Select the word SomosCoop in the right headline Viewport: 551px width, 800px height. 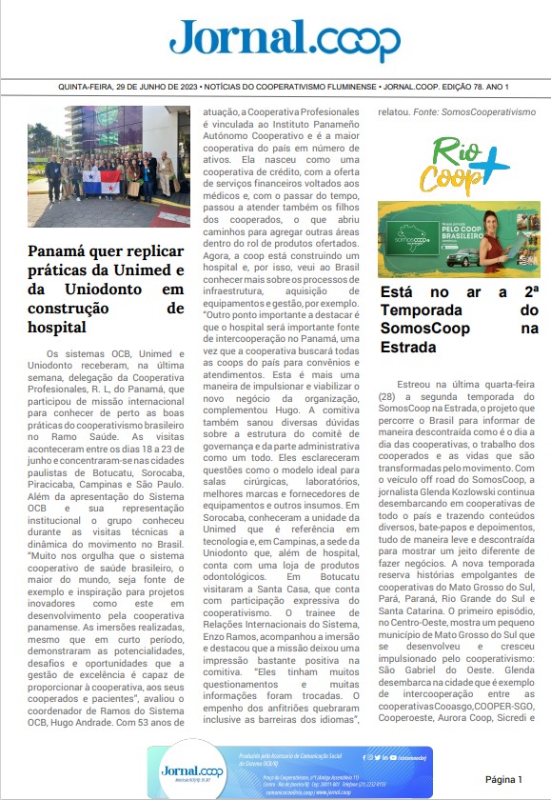(x=427, y=329)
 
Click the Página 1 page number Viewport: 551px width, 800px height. (x=503, y=778)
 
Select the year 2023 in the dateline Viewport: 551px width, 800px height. (x=190, y=89)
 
